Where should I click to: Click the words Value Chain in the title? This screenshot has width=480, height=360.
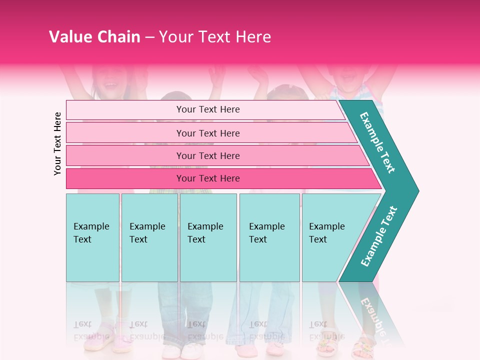click(x=94, y=37)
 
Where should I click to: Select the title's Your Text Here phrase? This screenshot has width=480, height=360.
click(x=215, y=37)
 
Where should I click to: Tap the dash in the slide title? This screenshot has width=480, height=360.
click(x=149, y=37)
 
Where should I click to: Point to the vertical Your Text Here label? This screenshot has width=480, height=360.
click(x=57, y=143)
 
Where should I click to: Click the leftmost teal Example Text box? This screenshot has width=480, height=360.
click(x=92, y=237)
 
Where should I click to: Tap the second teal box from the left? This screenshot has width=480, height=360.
click(x=149, y=237)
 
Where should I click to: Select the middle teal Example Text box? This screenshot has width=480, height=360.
click(x=208, y=237)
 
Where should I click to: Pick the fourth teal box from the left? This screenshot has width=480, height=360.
click(x=269, y=237)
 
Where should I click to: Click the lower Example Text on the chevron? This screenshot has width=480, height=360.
click(x=379, y=236)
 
